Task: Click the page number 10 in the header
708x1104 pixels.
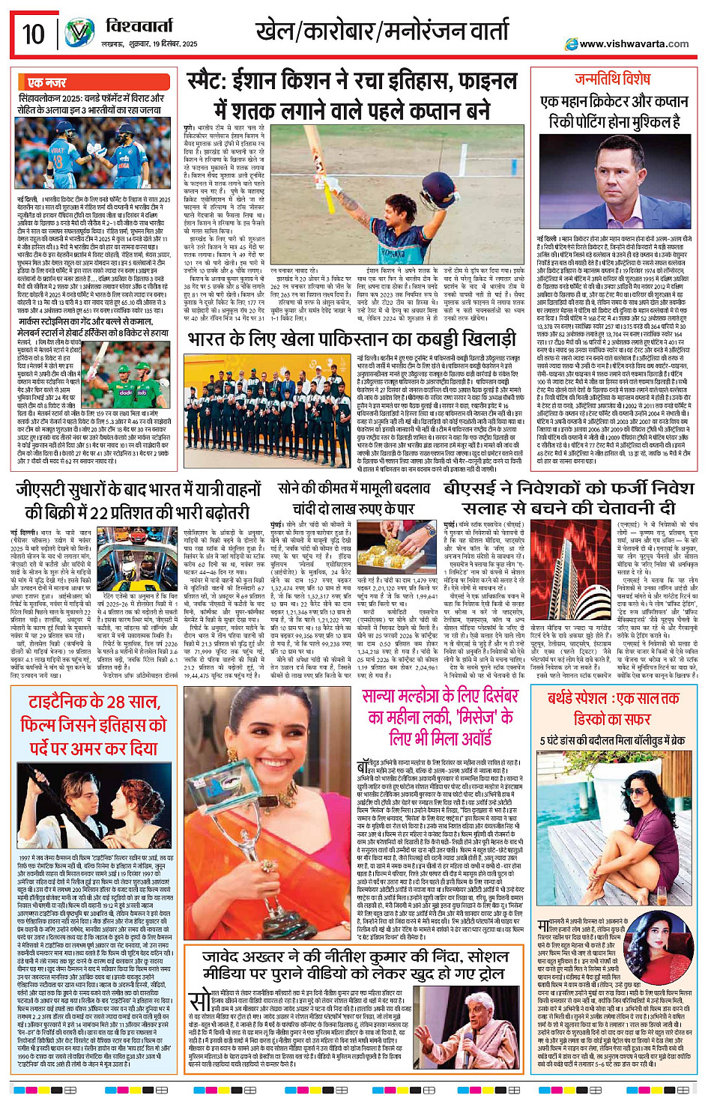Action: pos(33,34)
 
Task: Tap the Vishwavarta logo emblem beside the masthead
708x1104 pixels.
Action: pos(79,33)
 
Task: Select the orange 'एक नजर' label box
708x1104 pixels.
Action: pos(46,82)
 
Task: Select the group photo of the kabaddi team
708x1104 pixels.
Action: pos(270,401)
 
